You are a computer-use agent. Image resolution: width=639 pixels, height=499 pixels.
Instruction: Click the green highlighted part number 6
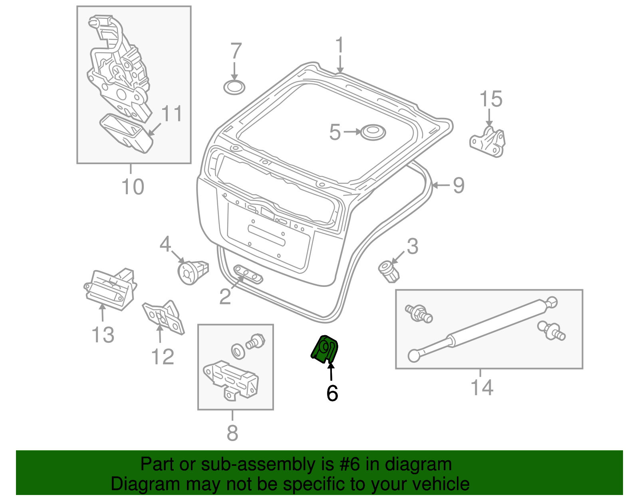click(x=325, y=349)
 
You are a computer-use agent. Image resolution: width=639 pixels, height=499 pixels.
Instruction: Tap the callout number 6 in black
click(x=332, y=394)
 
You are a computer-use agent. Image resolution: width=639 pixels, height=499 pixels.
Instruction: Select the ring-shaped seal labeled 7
click(x=234, y=87)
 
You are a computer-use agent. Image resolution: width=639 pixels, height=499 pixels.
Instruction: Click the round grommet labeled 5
click(x=373, y=132)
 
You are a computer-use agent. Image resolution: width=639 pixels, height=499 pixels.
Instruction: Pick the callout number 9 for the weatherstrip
click(x=458, y=185)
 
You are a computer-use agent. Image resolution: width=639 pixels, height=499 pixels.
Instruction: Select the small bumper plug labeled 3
click(x=389, y=271)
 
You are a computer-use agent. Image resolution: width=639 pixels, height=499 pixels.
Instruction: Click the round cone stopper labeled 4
click(x=192, y=272)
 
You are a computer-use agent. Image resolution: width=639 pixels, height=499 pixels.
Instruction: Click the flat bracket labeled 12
click(x=164, y=318)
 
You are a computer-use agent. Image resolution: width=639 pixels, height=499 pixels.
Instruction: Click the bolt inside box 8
click(x=256, y=341)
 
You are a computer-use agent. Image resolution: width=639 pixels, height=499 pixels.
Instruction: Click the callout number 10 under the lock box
click(x=132, y=187)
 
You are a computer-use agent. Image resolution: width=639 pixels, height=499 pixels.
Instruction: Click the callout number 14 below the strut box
click(x=482, y=388)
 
